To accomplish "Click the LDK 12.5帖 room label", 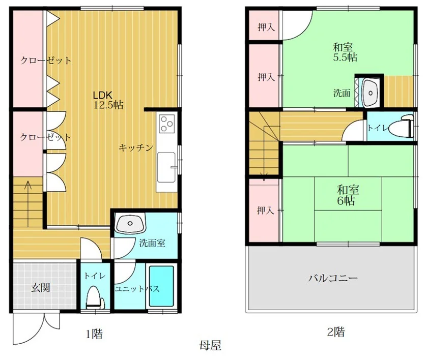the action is [x=108, y=100].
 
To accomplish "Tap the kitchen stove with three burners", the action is [x=166, y=124].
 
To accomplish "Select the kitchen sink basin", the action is [x=166, y=167].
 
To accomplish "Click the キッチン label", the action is [x=136, y=147].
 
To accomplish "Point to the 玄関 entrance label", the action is [x=41, y=287].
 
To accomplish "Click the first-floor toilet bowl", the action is [x=95, y=297].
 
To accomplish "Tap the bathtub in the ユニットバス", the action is [x=161, y=286].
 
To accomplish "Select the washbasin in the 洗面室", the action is [x=130, y=223].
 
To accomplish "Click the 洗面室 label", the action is [x=152, y=243].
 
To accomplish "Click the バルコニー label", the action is [x=333, y=278].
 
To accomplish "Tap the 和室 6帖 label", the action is [x=348, y=195].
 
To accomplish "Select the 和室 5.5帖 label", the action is [x=345, y=52].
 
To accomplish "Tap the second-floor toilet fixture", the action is [x=401, y=127].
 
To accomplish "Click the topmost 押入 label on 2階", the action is [x=266, y=27].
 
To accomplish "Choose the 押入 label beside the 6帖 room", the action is [x=266, y=210].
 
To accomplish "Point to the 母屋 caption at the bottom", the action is [x=210, y=346].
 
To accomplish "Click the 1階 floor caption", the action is [x=94, y=334].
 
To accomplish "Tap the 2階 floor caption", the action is [x=336, y=332].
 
